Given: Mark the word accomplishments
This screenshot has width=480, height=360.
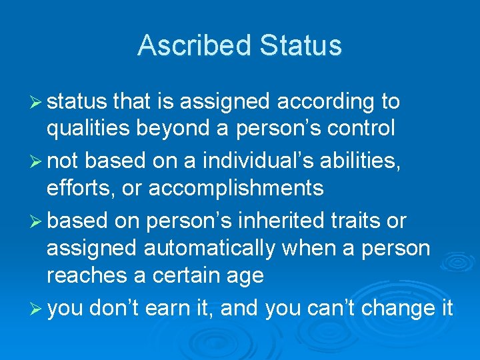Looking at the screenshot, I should click(x=236, y=189).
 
